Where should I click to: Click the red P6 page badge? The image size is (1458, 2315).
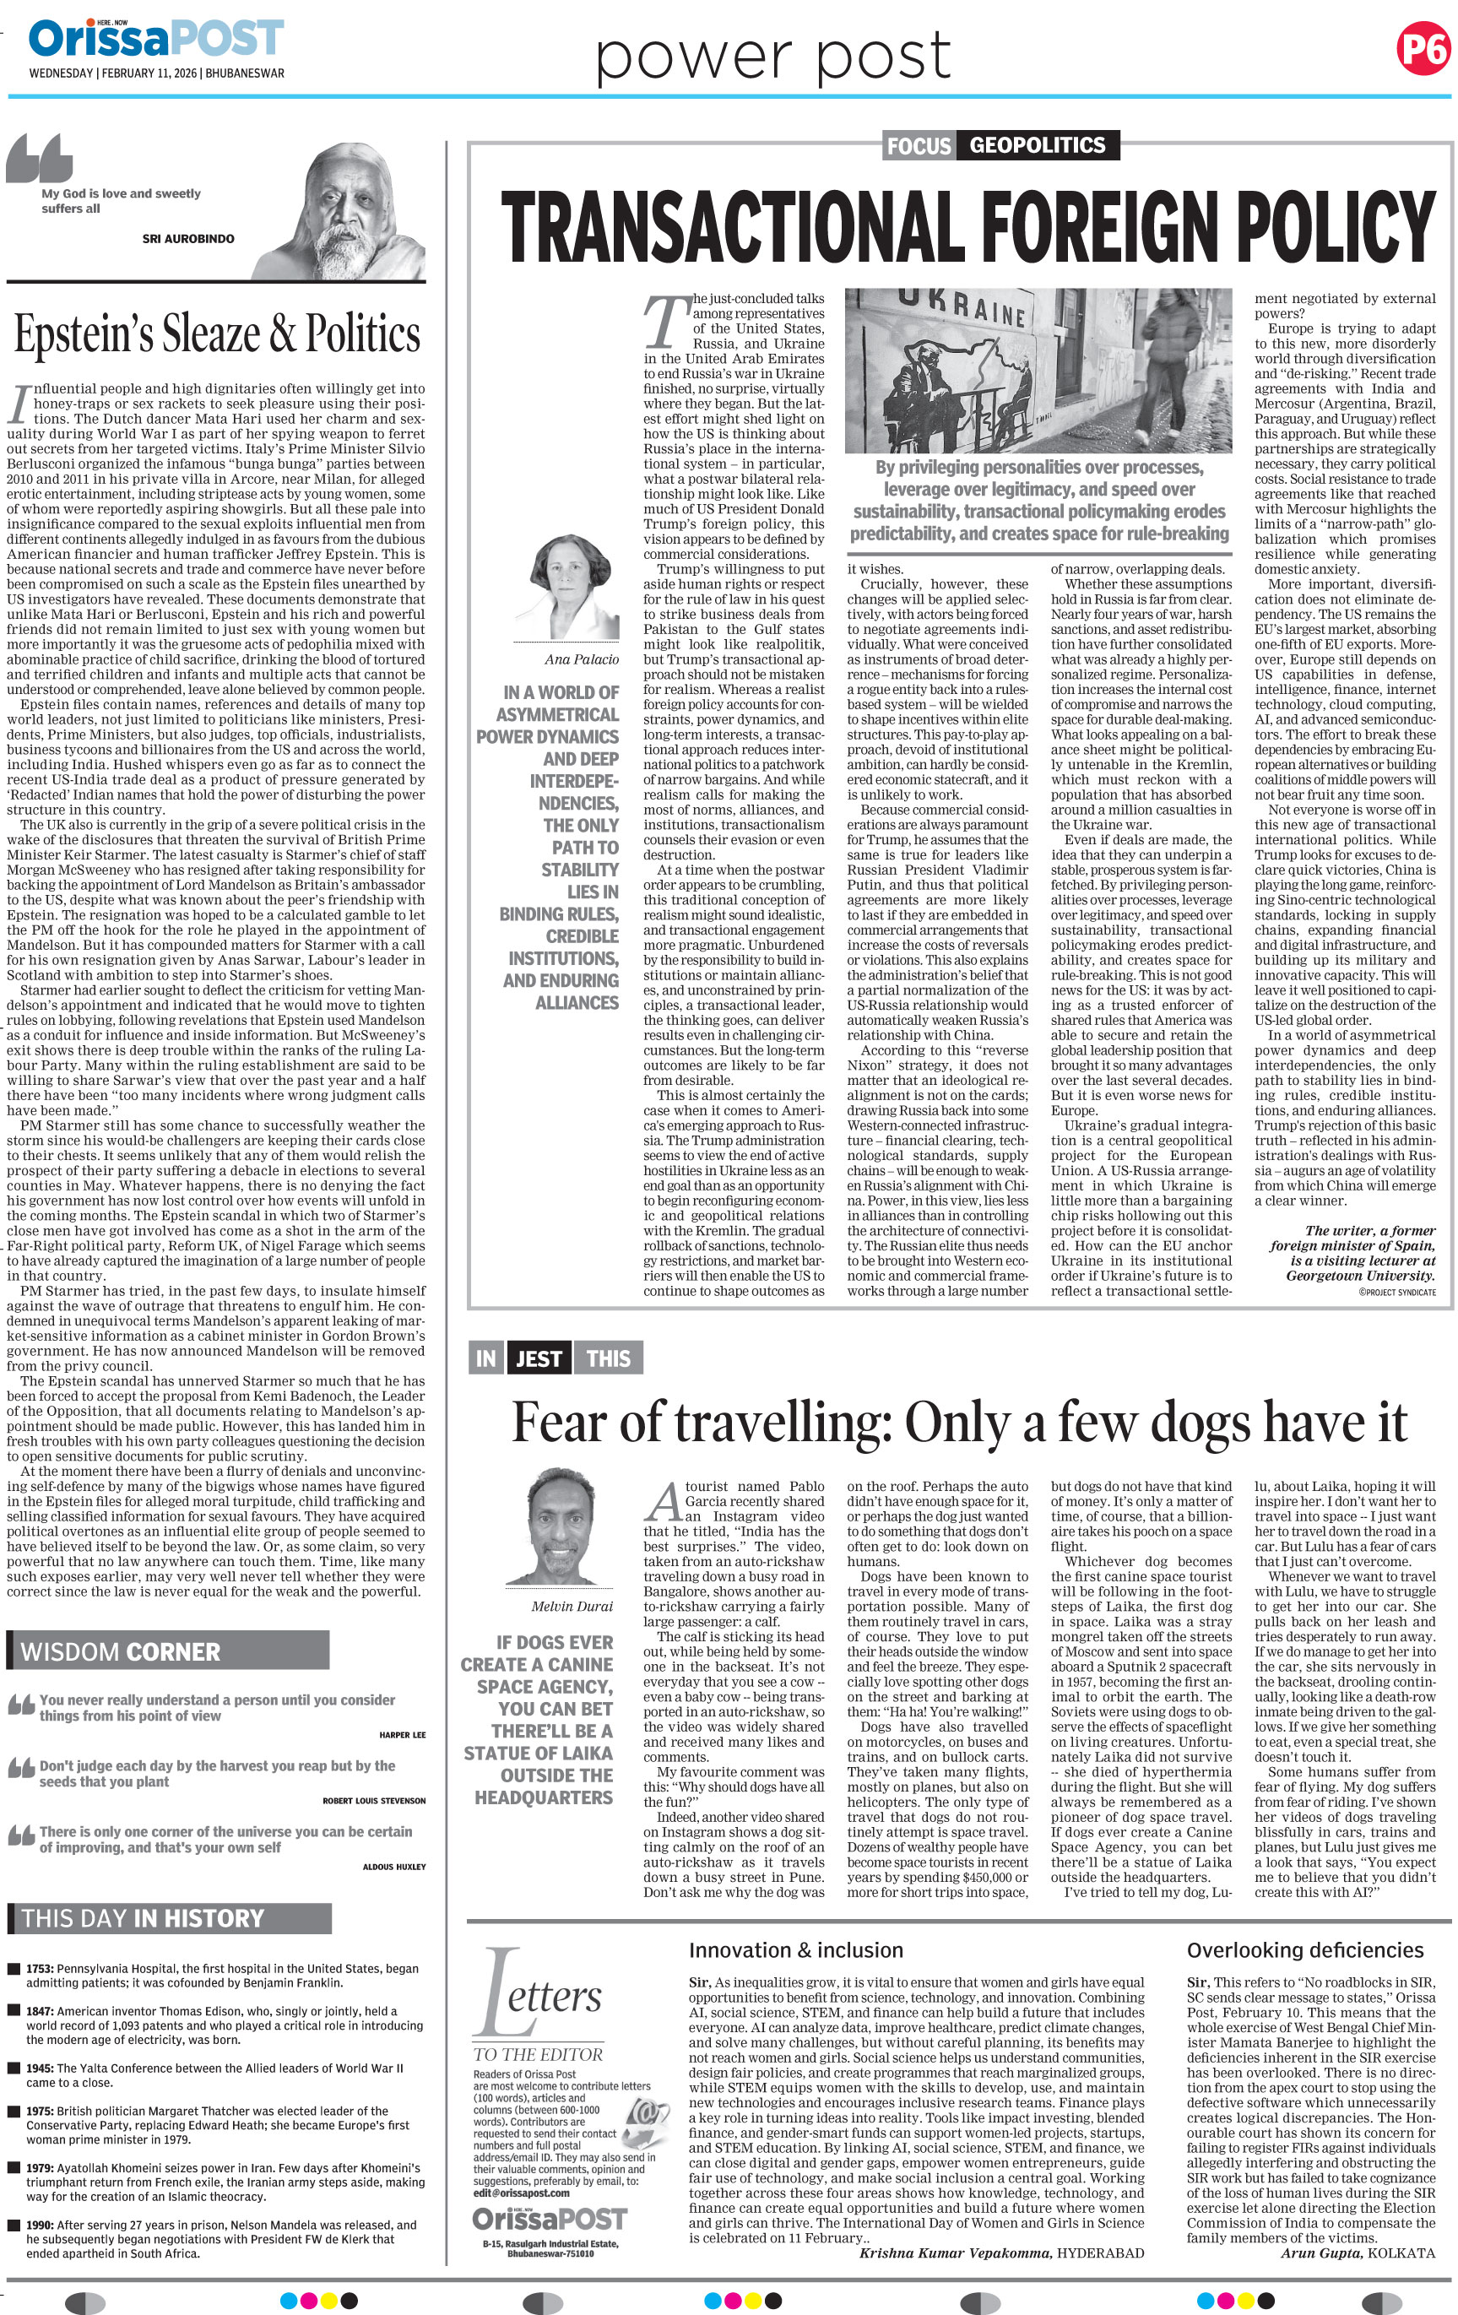pos(1423,48)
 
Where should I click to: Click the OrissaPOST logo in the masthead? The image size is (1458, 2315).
pos(155,40)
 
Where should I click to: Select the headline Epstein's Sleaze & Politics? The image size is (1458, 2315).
pos(217,333)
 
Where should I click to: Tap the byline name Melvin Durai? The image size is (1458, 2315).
pos(572,1606)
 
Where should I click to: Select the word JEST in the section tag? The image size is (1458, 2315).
pos(539,1358)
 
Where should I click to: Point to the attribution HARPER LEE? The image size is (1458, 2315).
pos(403,1734)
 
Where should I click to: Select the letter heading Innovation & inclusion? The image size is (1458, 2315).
pos(796,1949)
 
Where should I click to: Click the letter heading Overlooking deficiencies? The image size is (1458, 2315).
pos(1304,1949)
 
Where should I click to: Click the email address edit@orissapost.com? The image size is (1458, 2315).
pos(521,2192)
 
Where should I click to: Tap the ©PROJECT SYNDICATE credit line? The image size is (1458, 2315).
pos(1396,1292)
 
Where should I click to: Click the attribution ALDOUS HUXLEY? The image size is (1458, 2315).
pos(394,1866)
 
